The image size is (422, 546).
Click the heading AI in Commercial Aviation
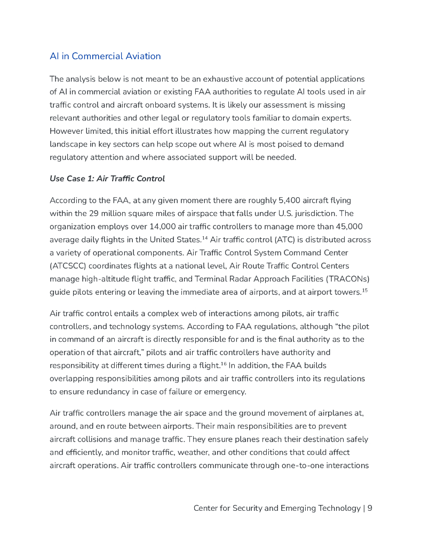[105, 56]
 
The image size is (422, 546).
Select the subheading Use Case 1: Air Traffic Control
[107, 178]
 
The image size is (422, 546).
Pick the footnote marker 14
[204, 237]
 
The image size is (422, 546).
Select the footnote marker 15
[365, 290]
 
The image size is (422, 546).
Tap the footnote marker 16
[224, 364]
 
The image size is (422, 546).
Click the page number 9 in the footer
[370, 508]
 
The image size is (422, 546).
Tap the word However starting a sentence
[68, 131]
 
